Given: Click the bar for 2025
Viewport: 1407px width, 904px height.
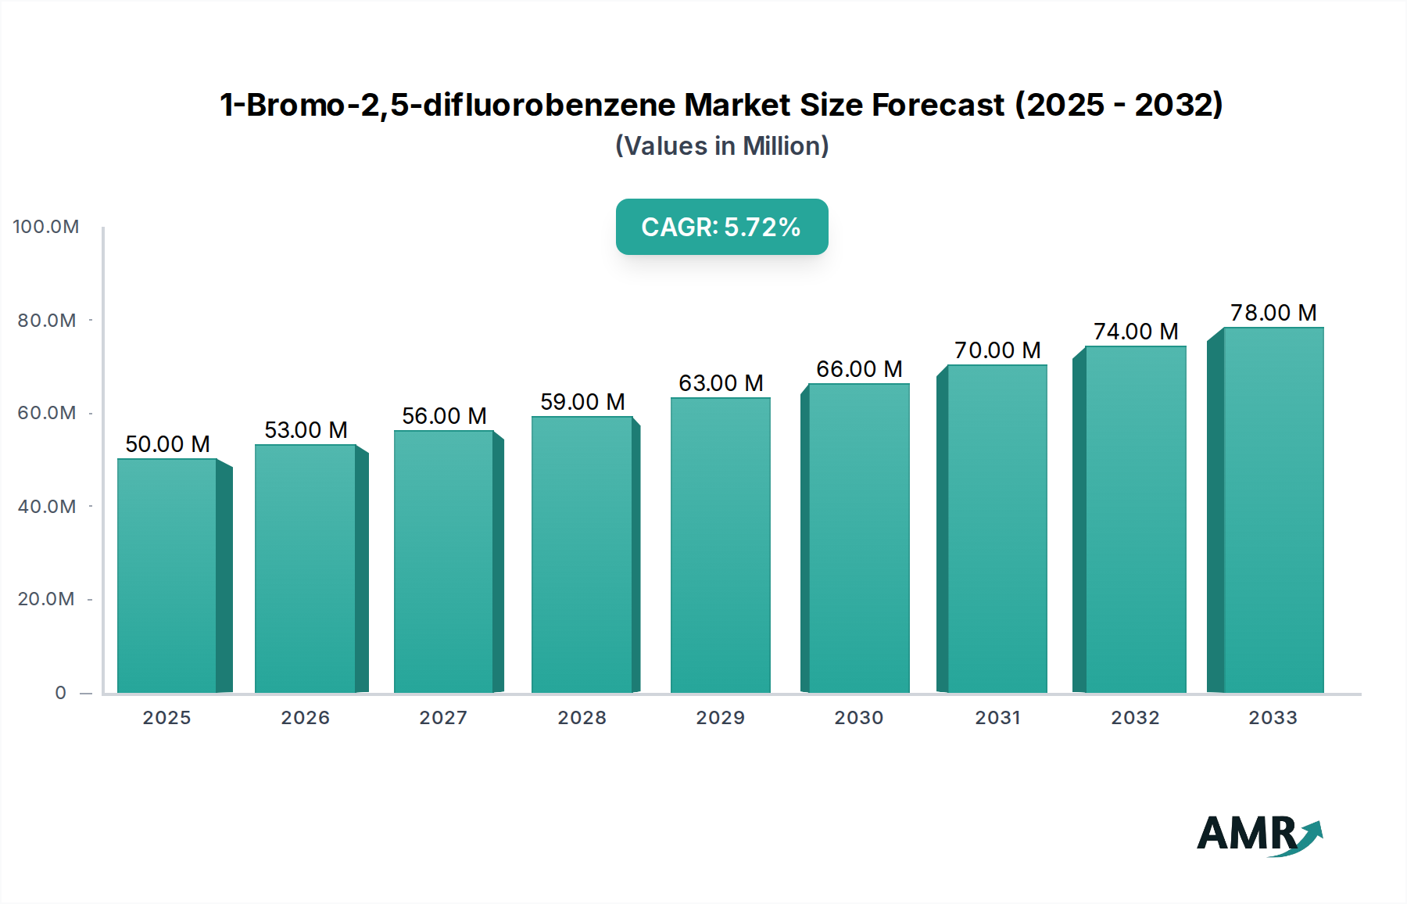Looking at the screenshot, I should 166,576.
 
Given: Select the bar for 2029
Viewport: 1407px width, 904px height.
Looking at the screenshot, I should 720,545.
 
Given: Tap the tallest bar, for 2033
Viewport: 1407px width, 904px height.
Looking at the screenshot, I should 1273,510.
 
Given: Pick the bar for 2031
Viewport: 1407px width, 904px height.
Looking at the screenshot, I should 997,529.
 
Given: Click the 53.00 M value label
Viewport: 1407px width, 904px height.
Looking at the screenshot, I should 306,430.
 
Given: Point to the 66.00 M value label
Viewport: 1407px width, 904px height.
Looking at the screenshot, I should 859,369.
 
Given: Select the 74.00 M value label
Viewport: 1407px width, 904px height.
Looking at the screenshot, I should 1136,332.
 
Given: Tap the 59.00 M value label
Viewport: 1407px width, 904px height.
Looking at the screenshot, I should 582,402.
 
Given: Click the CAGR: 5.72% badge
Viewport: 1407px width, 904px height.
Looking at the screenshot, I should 721,227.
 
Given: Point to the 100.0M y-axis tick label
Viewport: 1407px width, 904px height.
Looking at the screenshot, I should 46,227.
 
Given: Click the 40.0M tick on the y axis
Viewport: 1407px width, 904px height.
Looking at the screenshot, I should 47,507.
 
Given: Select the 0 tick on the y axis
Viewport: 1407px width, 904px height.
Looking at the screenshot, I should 61,693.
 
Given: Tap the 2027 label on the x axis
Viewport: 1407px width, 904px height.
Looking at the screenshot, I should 443,718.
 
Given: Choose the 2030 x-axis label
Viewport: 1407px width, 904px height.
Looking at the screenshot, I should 858,718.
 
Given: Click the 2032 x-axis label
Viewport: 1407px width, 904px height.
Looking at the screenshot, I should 1135,718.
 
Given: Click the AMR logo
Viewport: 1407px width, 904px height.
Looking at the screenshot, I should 1259,834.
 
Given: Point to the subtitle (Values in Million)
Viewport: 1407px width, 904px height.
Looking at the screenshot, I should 721,146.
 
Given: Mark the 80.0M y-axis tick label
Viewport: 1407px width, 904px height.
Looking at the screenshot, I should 47,321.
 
